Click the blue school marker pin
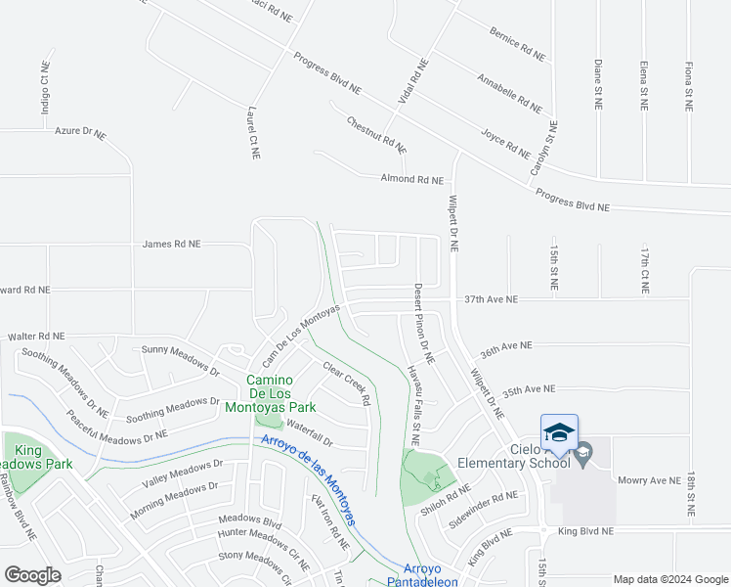point(559,432)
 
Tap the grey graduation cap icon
point(583,452)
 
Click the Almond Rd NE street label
point(411,180)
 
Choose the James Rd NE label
point(171,244)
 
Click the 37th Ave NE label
point(491,298)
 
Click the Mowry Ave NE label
point(648,480)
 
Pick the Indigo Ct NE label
point(45,89)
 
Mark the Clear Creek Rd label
point(347,384)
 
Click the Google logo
point(33,574)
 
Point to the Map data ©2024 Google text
point(670,579)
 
